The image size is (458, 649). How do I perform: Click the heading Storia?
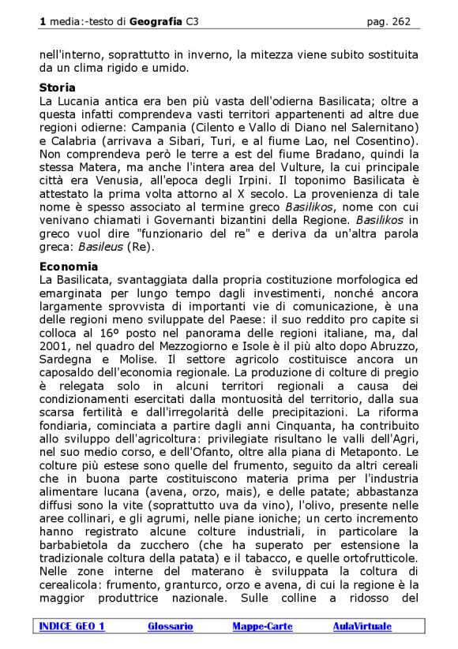[58, 88]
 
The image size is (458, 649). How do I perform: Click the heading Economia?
[69, 267]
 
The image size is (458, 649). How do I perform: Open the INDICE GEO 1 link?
[71, 626]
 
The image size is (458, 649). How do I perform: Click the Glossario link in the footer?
[170, 626]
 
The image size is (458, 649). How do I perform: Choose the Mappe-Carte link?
[262, 626]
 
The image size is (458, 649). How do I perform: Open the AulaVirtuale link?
[362, 626]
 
